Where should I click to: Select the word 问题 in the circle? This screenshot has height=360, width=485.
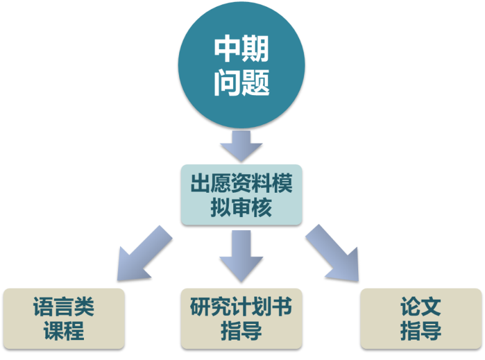click(241, 83)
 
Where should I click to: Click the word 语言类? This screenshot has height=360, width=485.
click(64, 307)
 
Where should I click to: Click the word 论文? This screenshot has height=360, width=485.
click(421, 307)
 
